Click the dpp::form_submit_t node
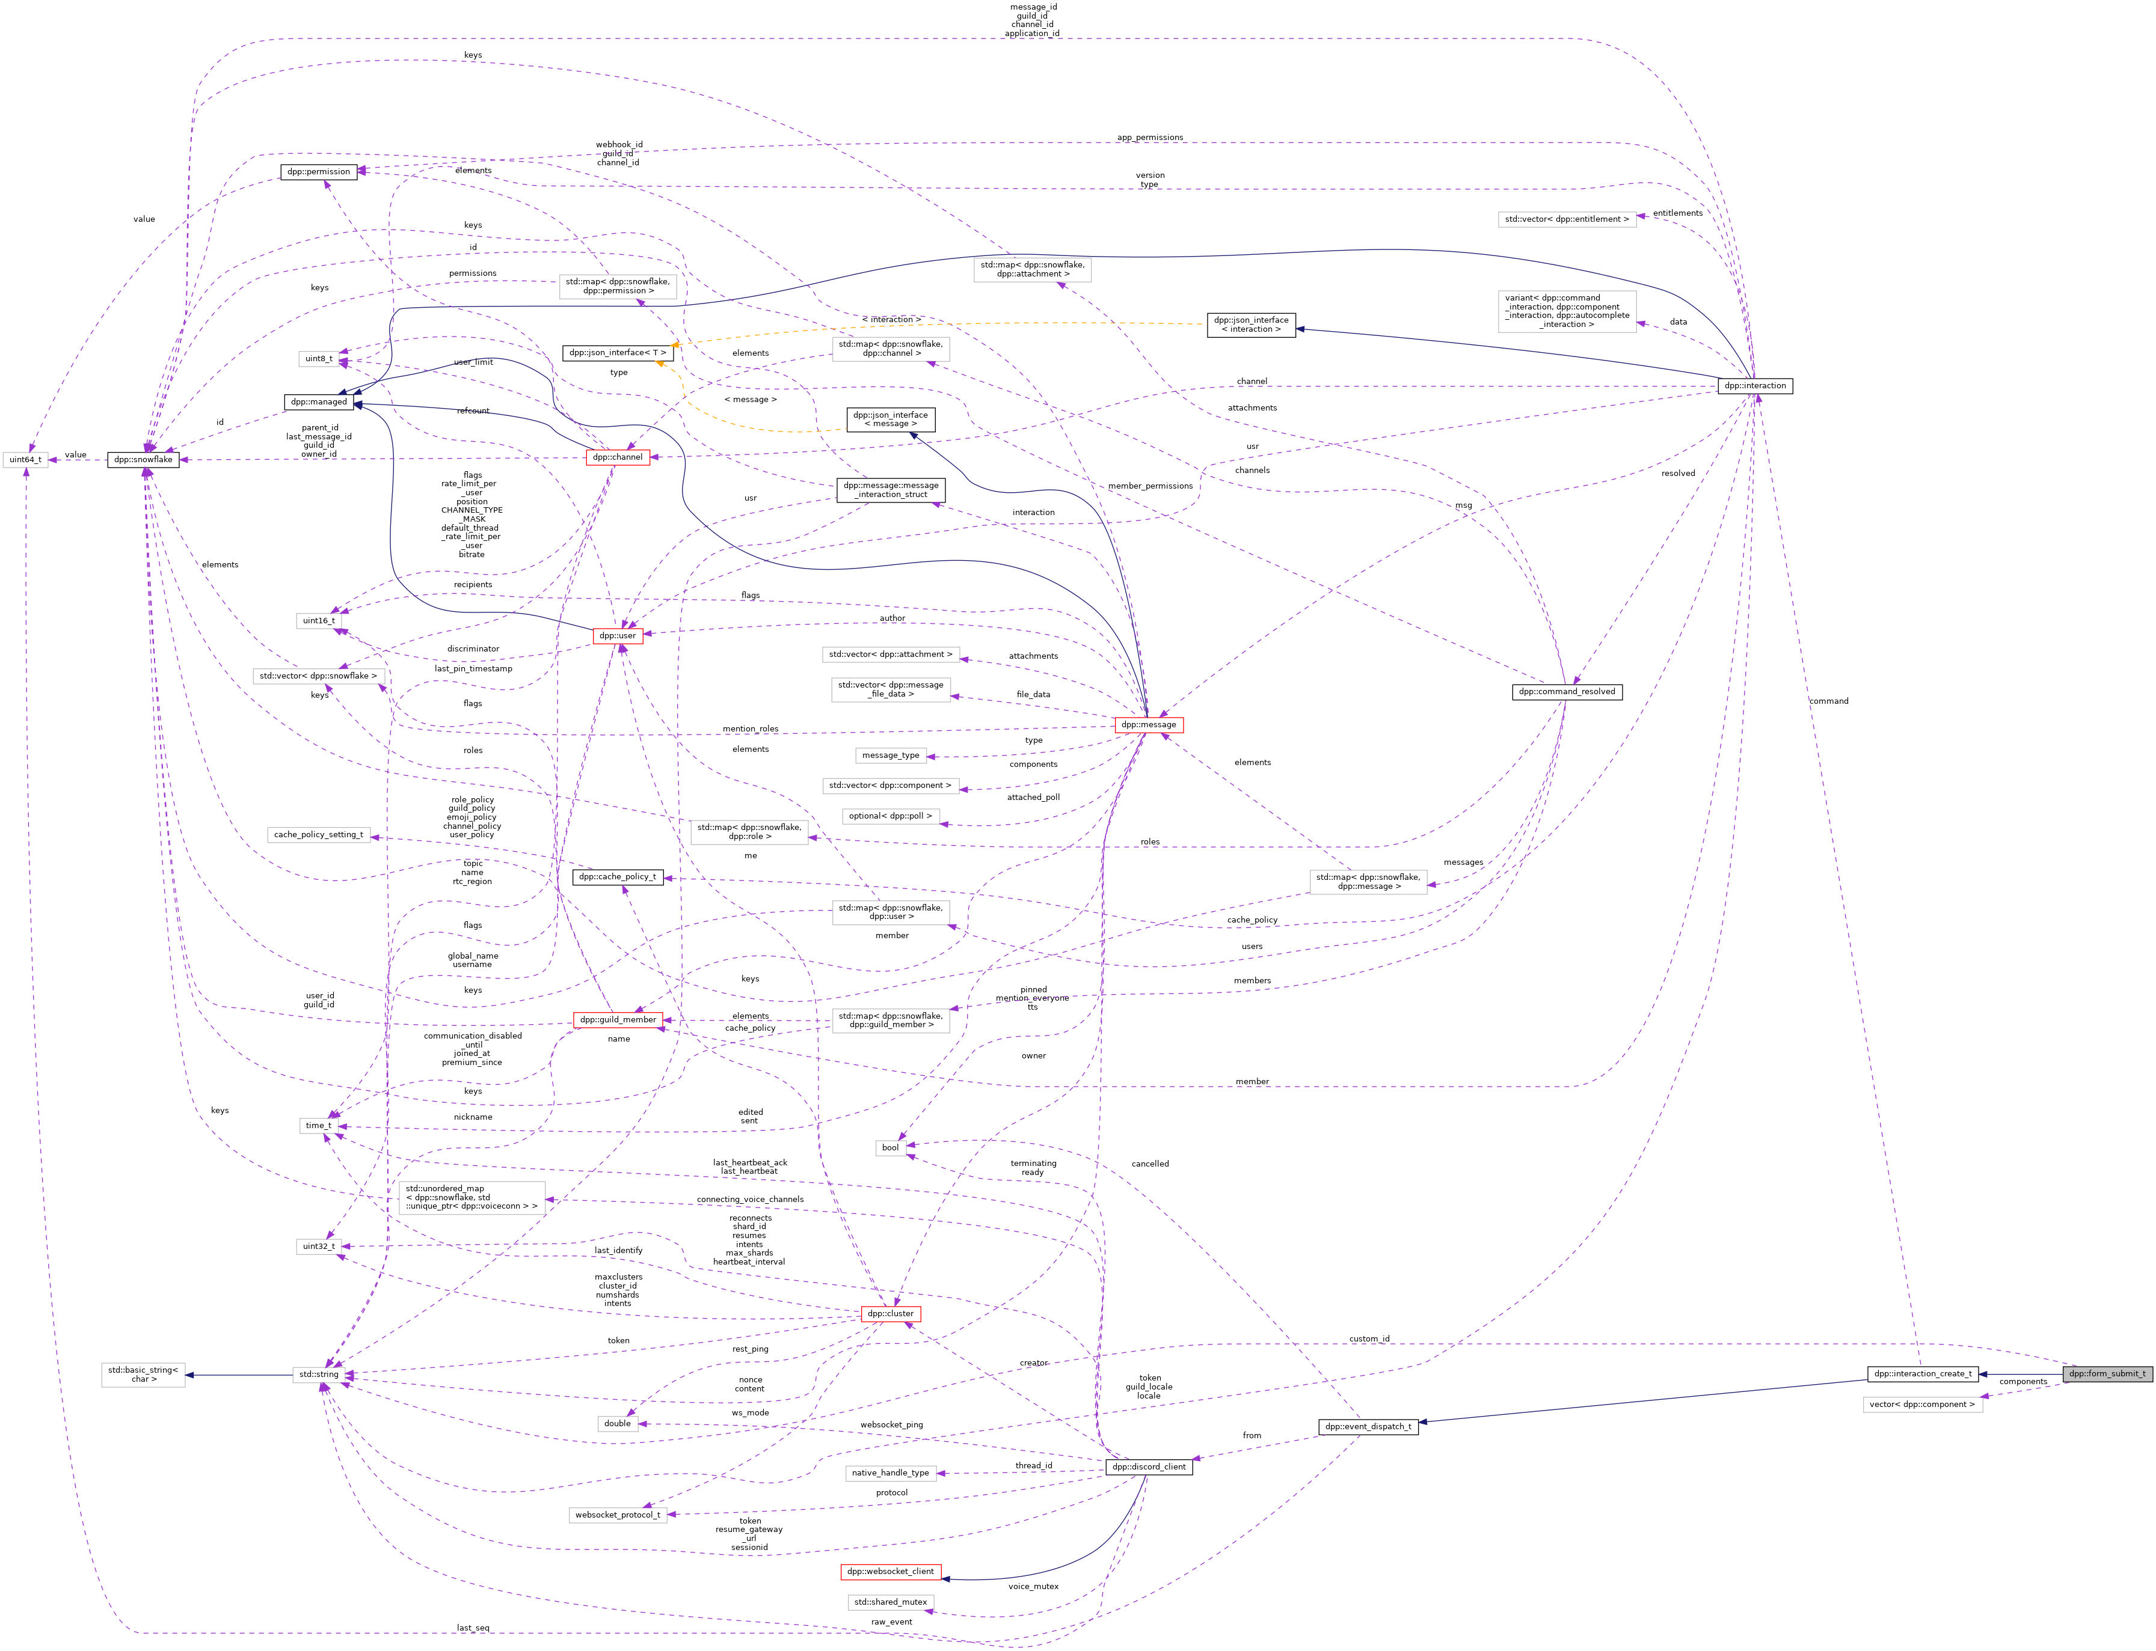pos(2107,1374)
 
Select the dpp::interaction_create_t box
pos(1922,1374)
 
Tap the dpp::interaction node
pos(1755,386)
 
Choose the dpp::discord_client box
pos(1148,1467)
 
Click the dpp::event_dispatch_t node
pos(1368,1427)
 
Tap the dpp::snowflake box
pos(144,460)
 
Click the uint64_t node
pos(25,460)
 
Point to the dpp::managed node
pos(319,402)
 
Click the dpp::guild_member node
pos(618,1020)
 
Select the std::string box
pos(319,1375)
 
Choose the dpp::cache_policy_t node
pos(616,877)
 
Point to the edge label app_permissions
pos(1149,138)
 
